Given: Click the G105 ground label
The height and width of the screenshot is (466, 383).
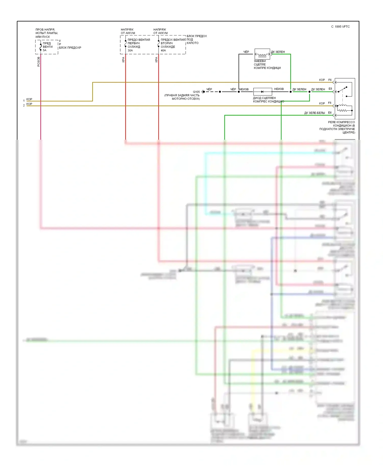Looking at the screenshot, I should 196,92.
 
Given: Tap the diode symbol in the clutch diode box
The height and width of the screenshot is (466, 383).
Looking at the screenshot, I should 262,92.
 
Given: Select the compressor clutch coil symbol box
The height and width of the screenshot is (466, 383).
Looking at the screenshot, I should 262,54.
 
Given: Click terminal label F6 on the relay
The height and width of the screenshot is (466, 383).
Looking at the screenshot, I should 330,80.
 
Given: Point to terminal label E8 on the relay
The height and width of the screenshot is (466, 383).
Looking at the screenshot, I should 330,89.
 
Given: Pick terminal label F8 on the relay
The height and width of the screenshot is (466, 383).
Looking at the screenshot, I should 330,103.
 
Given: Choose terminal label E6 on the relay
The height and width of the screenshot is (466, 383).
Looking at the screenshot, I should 330,113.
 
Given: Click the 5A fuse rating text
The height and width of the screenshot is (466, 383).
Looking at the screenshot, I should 45,50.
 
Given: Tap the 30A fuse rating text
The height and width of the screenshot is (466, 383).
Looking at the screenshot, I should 130,50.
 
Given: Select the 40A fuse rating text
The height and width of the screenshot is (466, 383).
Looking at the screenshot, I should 163,50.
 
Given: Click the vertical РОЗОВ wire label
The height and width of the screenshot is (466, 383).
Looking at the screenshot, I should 39,62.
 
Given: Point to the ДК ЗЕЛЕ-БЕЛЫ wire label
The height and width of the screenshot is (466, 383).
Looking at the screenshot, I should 314,113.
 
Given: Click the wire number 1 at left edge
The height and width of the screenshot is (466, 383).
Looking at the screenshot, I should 24,101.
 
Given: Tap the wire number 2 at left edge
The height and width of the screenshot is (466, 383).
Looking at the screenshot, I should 24,105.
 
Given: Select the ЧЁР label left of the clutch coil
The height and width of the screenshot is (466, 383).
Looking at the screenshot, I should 246,52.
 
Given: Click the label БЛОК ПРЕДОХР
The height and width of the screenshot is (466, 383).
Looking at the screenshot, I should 70,48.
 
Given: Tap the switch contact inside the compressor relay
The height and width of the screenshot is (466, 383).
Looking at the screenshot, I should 343,90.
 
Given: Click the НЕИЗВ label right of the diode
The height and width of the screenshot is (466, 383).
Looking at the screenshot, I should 279,89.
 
